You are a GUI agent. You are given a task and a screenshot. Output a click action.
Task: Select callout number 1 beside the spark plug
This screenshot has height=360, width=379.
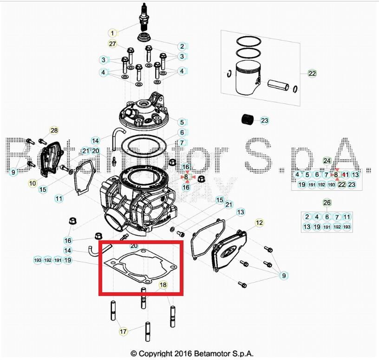[x=113, y=33]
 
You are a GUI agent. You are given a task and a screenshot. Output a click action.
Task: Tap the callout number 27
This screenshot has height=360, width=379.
[x=112, y=44]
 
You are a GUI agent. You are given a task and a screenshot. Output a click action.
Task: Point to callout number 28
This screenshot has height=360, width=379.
[x=54, y=130]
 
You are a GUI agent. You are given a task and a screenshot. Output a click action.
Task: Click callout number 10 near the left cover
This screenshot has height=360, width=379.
[x=33, y=183]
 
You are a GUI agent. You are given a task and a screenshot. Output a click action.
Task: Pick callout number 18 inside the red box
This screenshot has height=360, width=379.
[x=163, y=285]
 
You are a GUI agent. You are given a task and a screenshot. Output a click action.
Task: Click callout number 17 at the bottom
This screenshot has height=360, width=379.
[x=123, y=331]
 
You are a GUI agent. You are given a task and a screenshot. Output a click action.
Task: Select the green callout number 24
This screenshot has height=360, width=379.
[x=327, y=161]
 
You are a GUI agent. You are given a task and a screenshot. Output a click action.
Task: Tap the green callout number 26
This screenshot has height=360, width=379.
[x=327, y=203]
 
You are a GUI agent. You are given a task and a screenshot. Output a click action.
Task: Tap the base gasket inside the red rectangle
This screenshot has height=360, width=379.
[x=139, y=267]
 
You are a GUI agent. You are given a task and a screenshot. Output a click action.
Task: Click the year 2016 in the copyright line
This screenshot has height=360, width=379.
[x=183, y=354]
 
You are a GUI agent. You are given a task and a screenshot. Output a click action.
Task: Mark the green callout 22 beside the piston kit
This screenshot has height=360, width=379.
[x=312, y=73]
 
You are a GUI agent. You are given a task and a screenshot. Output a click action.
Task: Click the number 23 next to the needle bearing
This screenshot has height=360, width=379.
[x=264, y=121]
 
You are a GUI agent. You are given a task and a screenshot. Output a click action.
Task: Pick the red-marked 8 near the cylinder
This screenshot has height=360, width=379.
[x=186, y=177]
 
